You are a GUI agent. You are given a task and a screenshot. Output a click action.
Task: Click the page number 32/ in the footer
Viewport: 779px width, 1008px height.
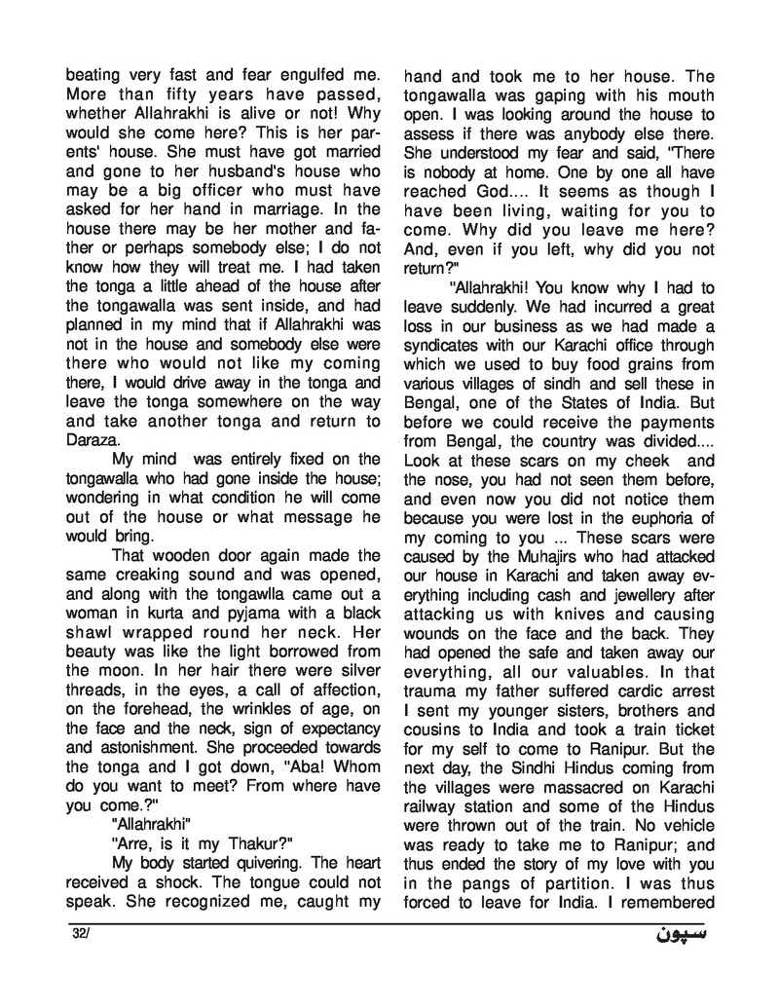click(80, 935)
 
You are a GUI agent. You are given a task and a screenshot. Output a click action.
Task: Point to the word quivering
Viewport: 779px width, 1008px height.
click(255, 862)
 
